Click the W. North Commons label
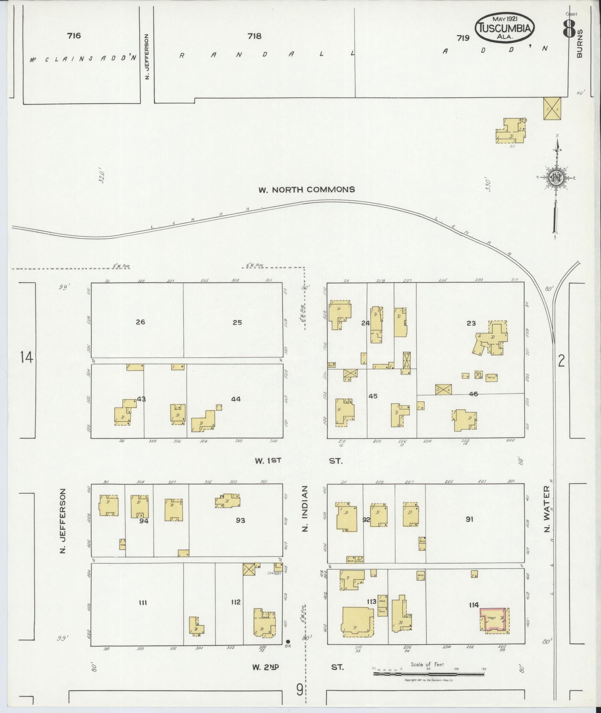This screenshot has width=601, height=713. point(307,189)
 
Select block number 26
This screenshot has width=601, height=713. point(140,322)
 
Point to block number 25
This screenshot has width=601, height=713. point(237,322)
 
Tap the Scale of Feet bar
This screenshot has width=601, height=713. point(428,674)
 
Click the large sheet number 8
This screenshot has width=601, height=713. point(569,28)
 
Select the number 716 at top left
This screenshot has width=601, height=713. point(74,36)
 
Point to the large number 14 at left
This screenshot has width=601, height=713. point(27,358)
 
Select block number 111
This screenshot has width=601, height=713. point(143,602)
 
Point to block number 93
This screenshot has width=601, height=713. point(240,520)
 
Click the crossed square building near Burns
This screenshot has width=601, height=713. point(552,108)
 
